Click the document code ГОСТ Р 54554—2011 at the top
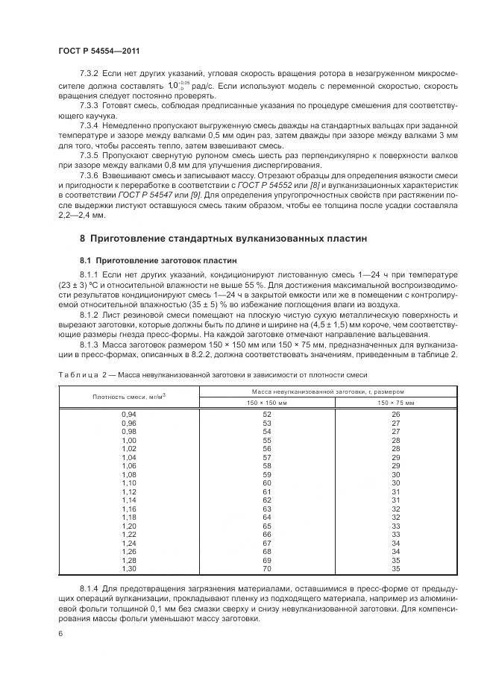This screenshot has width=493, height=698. pos(98,51)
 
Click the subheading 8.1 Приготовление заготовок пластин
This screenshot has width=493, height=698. pos(158,261)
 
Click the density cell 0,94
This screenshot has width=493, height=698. pos(130,414)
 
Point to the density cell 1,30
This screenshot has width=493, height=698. pos(130,569)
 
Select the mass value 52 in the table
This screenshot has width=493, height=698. pos(266,414)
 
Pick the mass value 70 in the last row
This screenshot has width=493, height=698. pos(266,569)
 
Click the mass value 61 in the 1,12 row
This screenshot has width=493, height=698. pos(266,491)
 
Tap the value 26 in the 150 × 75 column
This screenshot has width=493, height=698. pos(396,414)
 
